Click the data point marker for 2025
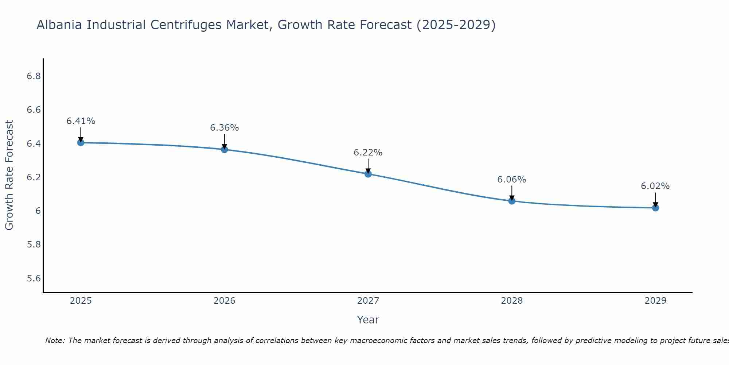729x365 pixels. [81, 143]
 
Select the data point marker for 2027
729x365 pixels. [368, 174]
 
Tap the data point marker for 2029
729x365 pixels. [655, 208]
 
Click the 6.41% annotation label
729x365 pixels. [81, 121]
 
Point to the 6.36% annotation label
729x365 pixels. [224, 128]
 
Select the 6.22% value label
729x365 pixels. [368, 153]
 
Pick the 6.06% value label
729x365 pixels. [511, 180]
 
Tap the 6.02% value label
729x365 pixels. [655, 186]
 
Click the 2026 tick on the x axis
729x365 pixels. [224, 301]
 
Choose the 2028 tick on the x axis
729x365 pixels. [511, 301]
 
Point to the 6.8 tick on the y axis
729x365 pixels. [34, 76]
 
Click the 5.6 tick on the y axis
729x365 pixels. [34, 278]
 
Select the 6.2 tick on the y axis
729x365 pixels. [34, 177]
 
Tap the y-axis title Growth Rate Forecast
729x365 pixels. [9, 175]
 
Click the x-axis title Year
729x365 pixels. [368, 320]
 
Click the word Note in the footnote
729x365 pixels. [55, 341]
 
